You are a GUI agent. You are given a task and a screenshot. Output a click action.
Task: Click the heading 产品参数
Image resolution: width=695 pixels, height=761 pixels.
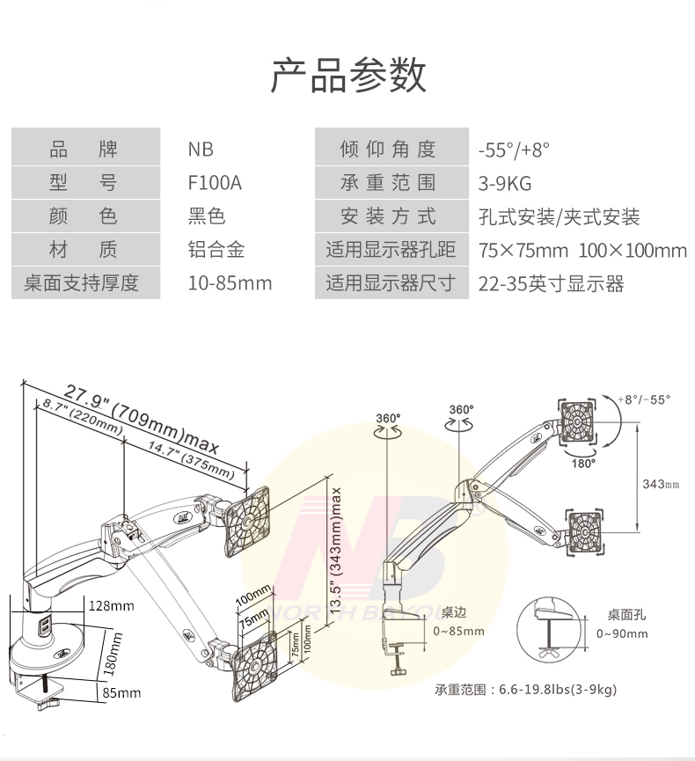pos(347,76)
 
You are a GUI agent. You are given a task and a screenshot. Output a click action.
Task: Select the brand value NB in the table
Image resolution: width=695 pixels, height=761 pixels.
pos(201,150)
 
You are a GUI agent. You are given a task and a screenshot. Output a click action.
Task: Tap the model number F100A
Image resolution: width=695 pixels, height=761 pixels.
pos(214,183)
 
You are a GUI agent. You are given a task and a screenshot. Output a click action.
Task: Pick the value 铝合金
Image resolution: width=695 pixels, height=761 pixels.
pos(216,250)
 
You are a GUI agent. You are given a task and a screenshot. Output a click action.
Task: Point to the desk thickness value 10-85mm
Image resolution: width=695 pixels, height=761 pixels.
pos(230,283)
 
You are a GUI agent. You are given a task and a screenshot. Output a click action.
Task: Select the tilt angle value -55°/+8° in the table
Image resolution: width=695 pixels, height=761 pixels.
pos(514,150)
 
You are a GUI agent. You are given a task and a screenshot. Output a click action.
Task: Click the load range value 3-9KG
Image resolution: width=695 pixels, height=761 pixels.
pos(505,183)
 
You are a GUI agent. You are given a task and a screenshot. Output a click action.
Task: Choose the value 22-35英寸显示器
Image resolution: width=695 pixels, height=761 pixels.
pos(551,283)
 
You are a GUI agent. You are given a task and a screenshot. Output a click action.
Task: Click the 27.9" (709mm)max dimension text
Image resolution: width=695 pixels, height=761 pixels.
pos(141,416)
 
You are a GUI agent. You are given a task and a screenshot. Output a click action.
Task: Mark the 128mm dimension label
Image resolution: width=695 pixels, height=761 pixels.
pos(111,605)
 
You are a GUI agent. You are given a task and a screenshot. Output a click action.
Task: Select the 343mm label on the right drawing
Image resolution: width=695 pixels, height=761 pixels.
pos(661,484)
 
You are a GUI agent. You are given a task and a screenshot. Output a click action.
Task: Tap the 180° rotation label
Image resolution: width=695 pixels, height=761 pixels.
pos(583,461)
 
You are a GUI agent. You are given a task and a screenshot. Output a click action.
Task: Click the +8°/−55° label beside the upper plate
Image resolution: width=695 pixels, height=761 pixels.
pos(643,399)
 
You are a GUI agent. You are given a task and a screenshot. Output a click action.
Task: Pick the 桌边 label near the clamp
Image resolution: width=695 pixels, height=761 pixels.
pos(454,612)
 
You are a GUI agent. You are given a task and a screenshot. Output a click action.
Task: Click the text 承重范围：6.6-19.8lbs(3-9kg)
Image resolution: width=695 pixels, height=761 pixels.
pos(525,690)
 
